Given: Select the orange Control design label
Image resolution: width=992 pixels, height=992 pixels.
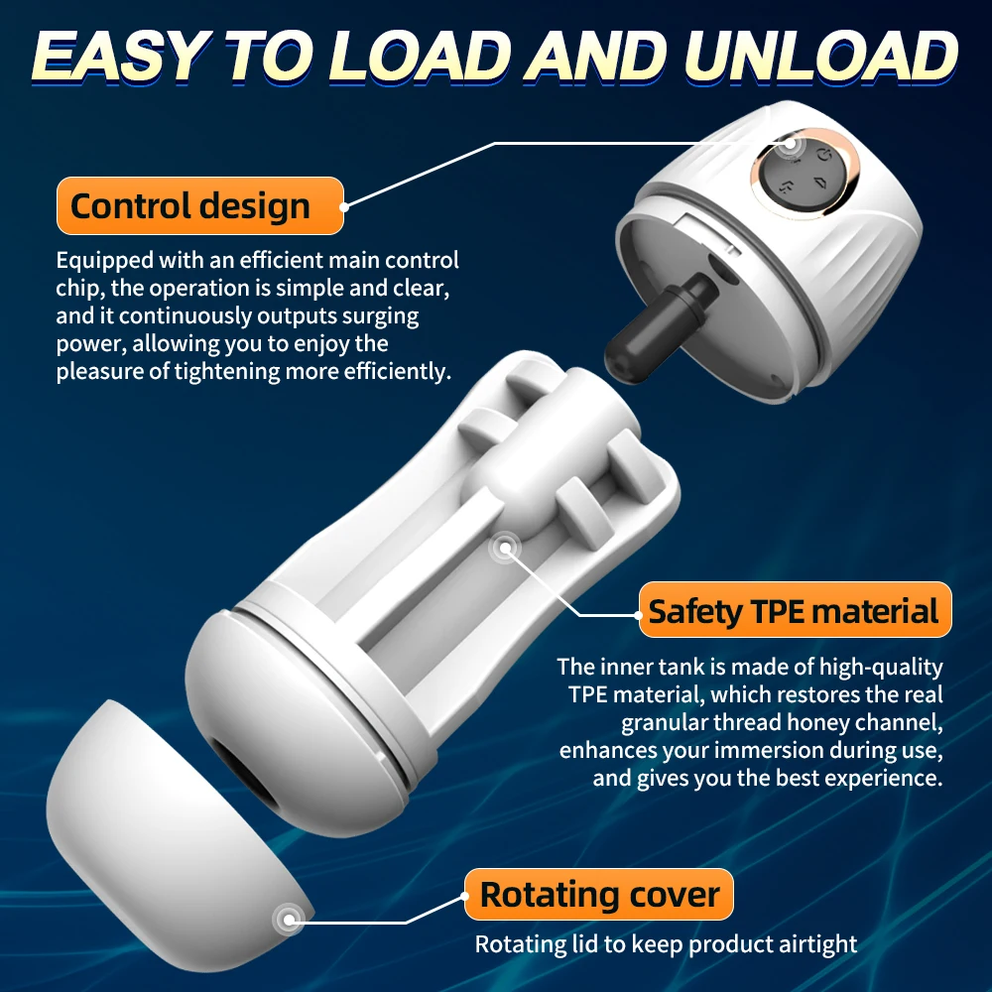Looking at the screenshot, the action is pos(199,206).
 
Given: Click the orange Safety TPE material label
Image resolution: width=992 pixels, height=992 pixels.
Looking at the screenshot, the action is pos(794,610).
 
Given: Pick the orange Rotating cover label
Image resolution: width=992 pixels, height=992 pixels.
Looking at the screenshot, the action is pos(599,895).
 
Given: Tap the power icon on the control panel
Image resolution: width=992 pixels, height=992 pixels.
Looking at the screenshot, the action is pos(822,155).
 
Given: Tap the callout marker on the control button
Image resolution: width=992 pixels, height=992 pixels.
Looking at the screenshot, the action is pos(790,143).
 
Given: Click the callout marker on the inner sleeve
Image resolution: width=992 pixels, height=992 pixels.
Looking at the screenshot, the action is pos(507,547).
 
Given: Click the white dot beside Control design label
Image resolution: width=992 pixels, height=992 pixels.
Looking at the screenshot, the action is pos(345,206).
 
